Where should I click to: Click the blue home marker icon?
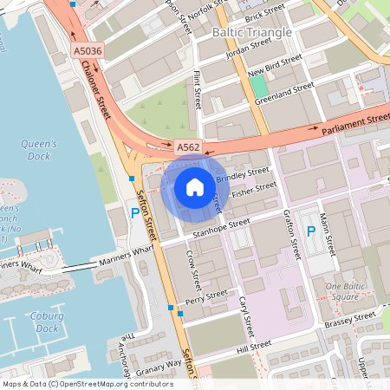[195, 185]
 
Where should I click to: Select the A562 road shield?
[188, 148]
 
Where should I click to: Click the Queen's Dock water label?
[39, 150]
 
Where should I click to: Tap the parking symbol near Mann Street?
[311, 231]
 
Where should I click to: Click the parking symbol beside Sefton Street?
[134, 212]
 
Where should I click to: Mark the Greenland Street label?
[283, 94]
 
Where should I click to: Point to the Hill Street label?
[253, 347]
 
